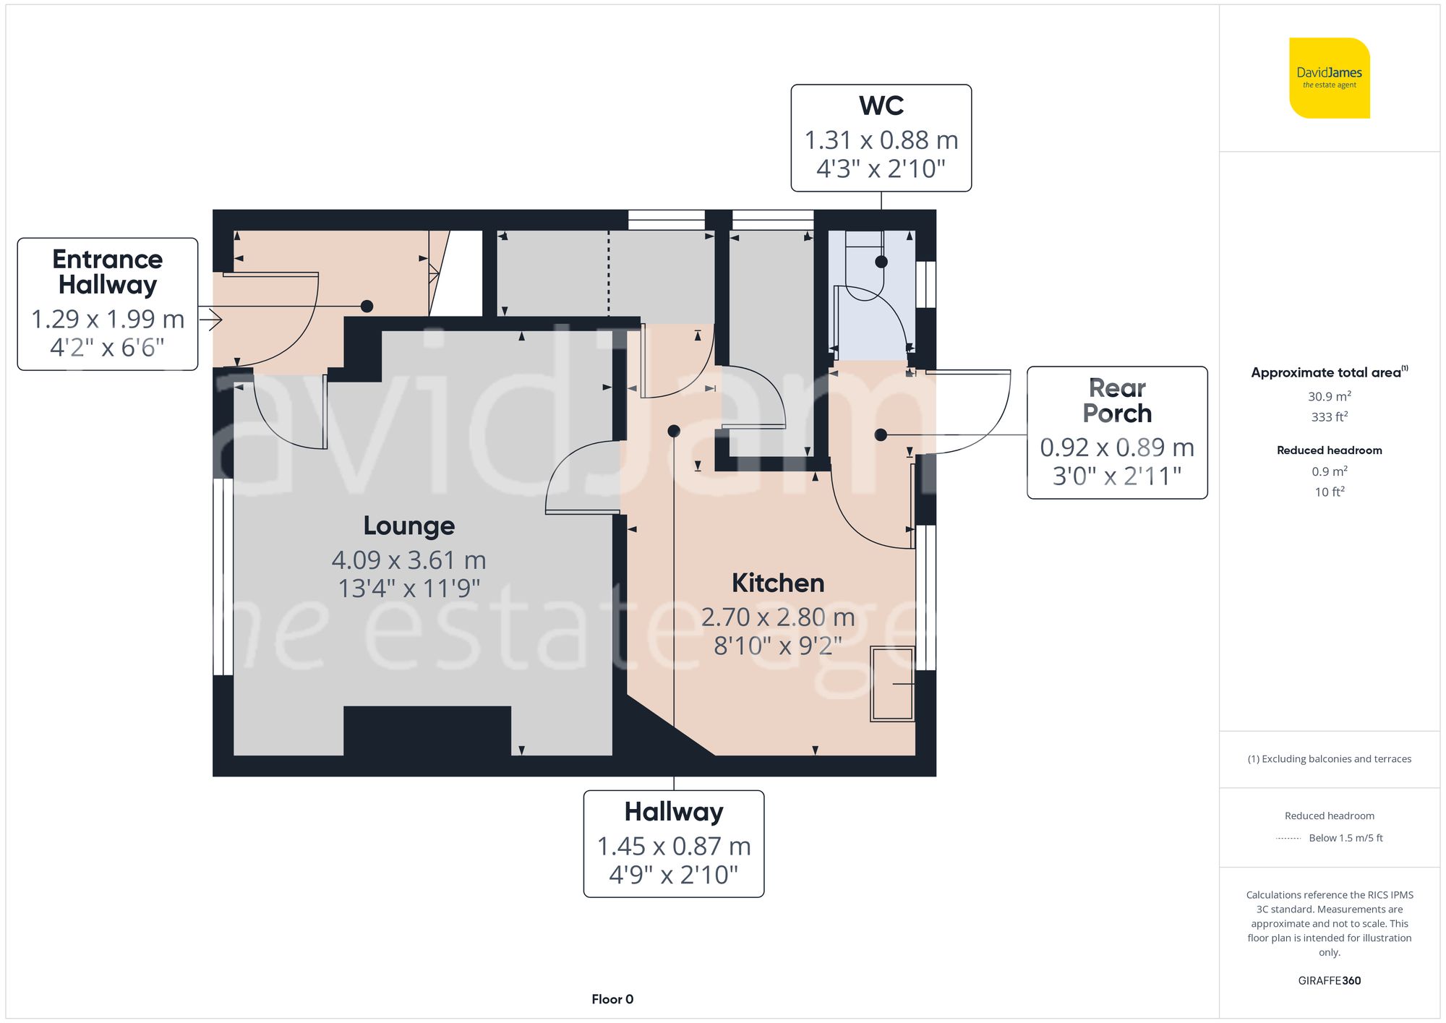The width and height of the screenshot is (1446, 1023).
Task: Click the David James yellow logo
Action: click(1329, 78)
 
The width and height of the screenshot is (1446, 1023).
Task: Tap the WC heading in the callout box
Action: click(881, 106)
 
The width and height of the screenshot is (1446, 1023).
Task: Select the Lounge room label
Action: click(408, 526)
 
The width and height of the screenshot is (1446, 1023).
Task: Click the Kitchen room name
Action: click(777, 583)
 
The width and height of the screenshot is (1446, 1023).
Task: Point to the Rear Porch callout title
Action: click(1117, 401)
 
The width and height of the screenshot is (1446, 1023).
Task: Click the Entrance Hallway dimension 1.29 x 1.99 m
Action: click(108, 319)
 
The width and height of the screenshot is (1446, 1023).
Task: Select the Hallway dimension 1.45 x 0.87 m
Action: click(673, 846)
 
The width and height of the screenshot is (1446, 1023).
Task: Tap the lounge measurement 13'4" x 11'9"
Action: click(408, 588)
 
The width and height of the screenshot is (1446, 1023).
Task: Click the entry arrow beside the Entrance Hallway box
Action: click(210, 319)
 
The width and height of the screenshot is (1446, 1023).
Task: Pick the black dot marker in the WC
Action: click(881, 262)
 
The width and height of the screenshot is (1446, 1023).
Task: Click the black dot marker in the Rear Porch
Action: click(880, 435)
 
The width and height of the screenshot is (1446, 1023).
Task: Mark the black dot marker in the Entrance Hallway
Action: click(367, 306)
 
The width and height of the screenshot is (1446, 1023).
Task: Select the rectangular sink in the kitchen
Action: click(892, 684)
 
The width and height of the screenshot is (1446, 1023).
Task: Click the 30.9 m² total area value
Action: click(1329, 396)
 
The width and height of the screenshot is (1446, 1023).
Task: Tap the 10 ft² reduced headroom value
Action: click(1329, 492)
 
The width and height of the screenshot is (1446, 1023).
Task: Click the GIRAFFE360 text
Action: click(1329, 980)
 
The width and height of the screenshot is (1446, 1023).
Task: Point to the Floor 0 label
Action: click(612, 999)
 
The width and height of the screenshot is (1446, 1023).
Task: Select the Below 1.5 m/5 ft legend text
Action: click(1345, 838)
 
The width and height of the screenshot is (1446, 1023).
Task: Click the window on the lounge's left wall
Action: click(223, 577)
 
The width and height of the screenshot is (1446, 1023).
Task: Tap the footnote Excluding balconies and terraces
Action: click(1329, 758)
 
